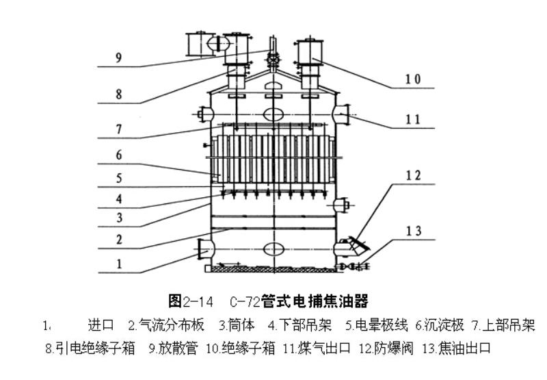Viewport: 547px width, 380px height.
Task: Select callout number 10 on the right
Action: (412, 79)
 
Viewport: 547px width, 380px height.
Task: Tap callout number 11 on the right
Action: (412, 119)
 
